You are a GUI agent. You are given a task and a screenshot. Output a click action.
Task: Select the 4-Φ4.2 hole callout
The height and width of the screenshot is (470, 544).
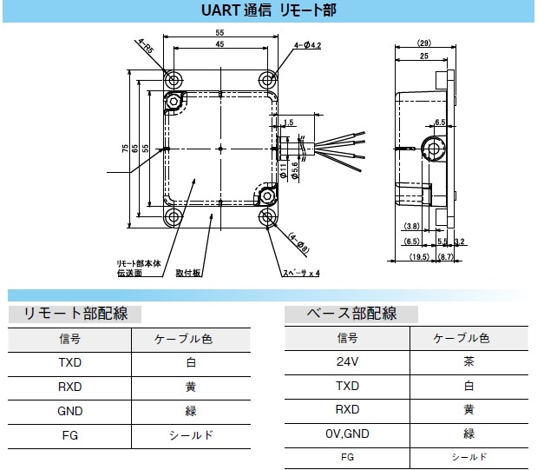pos(307,44)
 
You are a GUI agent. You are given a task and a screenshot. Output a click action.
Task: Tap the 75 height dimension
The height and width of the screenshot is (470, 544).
pos(126,149)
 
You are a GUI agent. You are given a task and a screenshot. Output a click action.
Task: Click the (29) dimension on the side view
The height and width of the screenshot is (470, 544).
pos(423,43)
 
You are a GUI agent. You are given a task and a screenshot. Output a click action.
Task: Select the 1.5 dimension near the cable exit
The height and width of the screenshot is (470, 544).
pos(289,122)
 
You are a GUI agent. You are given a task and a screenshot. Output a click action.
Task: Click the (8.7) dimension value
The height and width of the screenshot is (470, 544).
pos(444,258)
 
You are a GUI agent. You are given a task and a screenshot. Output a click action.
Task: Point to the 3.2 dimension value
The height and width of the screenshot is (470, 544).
pos(459,241)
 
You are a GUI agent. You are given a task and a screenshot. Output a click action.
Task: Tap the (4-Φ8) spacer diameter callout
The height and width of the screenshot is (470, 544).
pos(298,242)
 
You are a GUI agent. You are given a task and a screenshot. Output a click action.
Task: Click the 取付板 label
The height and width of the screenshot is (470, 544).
pos(188,272)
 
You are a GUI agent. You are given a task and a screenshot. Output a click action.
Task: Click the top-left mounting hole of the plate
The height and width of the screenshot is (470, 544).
pos(174,80)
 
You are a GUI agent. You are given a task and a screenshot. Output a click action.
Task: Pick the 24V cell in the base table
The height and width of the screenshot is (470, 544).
pos(346,361)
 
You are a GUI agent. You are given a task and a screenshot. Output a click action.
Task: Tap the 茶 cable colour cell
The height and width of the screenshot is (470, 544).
pos(469,361)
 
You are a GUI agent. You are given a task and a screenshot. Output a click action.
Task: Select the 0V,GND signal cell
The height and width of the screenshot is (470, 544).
pos(346,432)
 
